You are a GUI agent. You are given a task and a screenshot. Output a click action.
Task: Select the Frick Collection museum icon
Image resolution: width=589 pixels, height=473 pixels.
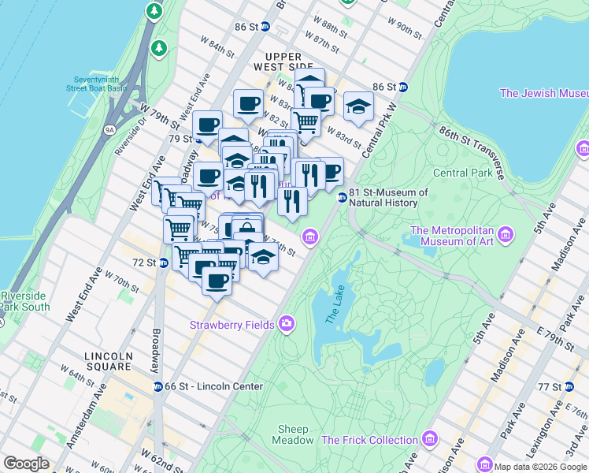[x=429, y=439]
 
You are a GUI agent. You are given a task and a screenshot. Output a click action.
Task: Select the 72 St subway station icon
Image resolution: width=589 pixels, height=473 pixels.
[x=164, y=262]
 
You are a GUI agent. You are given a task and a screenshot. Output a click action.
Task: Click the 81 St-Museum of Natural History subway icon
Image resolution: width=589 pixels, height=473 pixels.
[x=342, y=197]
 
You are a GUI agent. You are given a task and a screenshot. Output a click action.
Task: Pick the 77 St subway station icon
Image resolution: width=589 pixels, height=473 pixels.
[x=580, y=386]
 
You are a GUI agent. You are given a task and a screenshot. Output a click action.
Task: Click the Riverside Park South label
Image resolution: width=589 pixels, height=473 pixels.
[x=24, y=301]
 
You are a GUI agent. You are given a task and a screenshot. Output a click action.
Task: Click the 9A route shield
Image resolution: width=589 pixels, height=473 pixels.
[x=109, y=128]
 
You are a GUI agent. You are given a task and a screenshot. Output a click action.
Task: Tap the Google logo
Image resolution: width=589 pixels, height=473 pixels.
[x=27, y=464]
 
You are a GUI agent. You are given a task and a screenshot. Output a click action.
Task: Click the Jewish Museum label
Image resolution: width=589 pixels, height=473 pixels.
[x=543, y=93]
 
